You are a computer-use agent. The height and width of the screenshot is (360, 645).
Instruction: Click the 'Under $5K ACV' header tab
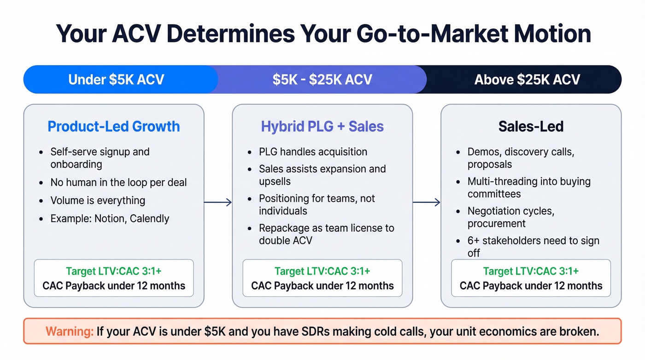[116, 79]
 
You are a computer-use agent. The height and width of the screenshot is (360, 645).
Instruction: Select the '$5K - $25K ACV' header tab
[322, 79]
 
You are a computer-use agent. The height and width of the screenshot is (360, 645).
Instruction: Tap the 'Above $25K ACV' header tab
[527, 79]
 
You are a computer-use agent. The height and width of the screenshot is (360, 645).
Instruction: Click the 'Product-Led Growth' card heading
[114, 126]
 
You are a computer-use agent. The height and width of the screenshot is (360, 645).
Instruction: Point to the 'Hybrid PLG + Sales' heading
[322, 126]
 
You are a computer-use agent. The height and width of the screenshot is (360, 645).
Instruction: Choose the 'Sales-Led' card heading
[531, 126]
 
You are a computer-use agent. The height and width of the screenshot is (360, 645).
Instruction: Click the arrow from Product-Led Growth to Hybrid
[218, 202]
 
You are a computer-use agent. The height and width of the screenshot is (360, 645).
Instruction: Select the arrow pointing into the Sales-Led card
[427, 202]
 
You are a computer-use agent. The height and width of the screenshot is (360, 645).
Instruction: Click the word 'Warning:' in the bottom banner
[70, 331]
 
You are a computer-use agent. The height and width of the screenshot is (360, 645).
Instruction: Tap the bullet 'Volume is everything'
[98, 201]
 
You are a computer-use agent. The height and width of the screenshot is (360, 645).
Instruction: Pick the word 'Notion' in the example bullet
[109, 218]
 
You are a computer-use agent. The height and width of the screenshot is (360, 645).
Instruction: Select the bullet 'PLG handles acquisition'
[313, 152]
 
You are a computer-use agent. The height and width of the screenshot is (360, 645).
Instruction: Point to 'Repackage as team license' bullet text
[326, 228]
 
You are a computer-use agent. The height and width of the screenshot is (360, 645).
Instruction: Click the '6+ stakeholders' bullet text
[533, 241]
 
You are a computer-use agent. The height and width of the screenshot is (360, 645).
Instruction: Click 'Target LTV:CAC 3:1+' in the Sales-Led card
[531, 271]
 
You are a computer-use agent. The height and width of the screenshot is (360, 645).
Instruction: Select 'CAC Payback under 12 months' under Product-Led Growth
[114, 286]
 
